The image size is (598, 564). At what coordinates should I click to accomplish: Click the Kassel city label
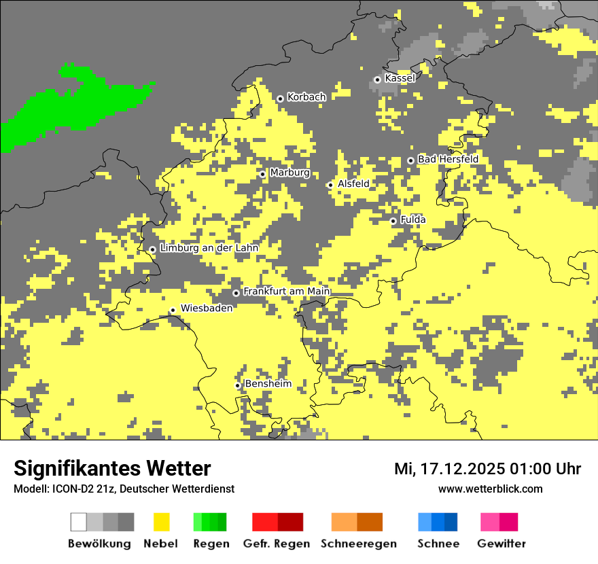400,78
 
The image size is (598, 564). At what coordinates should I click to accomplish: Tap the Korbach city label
306,97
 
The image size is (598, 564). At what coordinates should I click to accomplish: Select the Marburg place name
289,173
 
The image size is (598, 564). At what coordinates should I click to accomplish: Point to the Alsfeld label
353,183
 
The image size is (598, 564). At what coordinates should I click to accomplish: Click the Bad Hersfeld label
448,159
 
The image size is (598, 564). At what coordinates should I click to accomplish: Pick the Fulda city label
413,219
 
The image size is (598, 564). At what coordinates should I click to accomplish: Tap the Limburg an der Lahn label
209,248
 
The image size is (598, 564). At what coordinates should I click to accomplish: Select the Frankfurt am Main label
287,292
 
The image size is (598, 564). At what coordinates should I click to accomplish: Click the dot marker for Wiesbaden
173,310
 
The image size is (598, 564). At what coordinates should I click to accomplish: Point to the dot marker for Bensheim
238,385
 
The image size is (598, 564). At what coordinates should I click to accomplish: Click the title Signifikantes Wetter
112,468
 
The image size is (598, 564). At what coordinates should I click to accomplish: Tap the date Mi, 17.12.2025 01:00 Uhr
487,469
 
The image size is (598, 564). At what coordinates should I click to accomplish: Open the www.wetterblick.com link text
490,489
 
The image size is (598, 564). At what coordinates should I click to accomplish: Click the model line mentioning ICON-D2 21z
124,489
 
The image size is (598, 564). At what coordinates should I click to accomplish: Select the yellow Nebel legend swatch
161,522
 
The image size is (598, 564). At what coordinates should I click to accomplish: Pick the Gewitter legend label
501,544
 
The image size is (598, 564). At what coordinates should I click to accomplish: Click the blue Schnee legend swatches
438,522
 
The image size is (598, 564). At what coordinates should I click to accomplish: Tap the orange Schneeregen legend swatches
357,522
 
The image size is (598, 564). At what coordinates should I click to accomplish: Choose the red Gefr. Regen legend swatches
277,522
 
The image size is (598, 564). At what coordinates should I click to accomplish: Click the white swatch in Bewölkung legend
79,522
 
